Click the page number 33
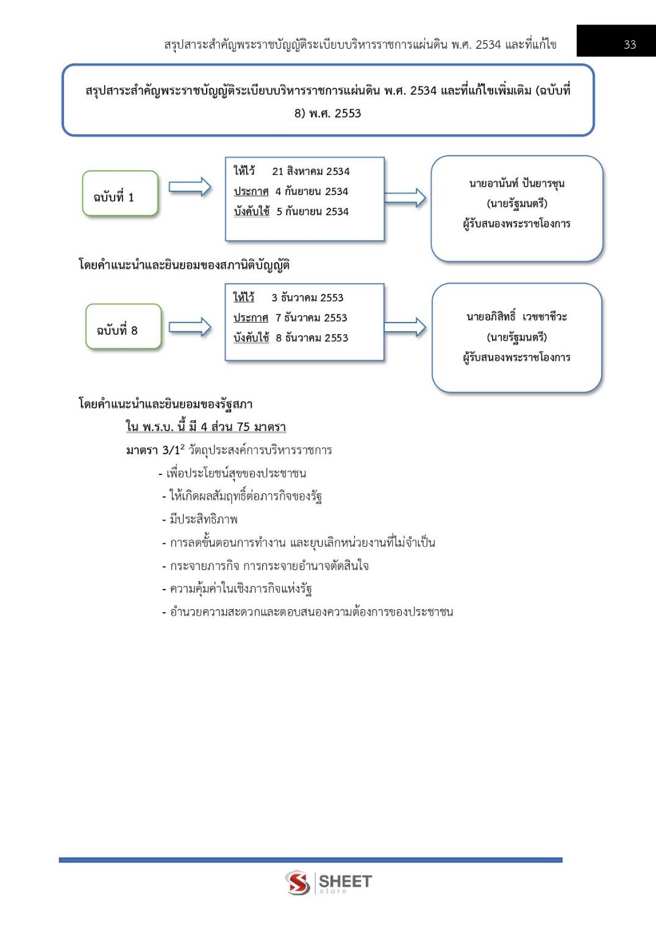point(630,45)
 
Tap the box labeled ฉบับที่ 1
point(120,194)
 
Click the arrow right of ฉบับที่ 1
point(190,187)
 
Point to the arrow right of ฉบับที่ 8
point(190,327)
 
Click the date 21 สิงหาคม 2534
point(310,171)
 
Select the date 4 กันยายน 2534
point(311,191)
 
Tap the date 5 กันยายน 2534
point(312,212)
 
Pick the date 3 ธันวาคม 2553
point(307,298)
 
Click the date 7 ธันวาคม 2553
point(311,318)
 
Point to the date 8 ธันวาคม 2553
point(312,338)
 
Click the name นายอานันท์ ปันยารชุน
point(516,184)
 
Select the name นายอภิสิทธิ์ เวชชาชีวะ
point(516,316)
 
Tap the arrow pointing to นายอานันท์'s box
point(405,197)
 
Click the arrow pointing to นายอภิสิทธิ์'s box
point(405,327)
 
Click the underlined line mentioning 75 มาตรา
point(205,427)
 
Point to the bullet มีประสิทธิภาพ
point(204,519)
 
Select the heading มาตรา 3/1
point(153,451)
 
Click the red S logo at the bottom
point(298,882)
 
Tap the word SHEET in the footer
point(345,881)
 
